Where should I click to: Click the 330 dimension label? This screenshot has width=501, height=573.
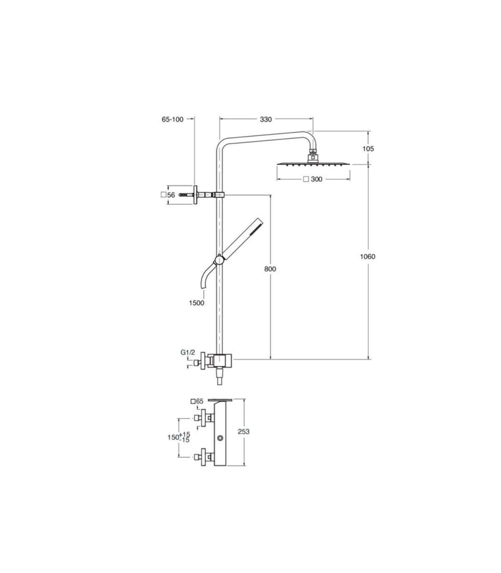click(x=266, y=119)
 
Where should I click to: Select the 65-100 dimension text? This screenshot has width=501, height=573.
click(x=172, y=119)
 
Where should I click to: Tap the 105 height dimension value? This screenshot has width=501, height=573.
click(x=368, y=149)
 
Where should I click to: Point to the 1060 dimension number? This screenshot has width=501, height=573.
click(x=367, y=256)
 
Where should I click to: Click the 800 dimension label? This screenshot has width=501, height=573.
click(x=270, y=269)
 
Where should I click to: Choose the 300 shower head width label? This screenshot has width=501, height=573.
click(x=316, y=179)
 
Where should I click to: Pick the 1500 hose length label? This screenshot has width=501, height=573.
click(x=197, y=303)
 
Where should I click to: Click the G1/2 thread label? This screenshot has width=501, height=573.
click(x=187, y=352)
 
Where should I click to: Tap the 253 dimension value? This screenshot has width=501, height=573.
click(x=243, y=432)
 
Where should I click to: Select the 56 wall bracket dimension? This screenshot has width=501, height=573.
click(x=171, y=195)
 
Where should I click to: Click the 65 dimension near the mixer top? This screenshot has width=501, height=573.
click(x=200, y=401)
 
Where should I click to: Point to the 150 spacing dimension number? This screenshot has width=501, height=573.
click(x=173, y=437)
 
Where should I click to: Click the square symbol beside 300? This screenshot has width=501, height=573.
click(x=306, y=179)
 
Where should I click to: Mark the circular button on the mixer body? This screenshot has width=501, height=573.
click(x=220, y=438)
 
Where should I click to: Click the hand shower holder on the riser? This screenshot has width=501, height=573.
click(x=219, y=260)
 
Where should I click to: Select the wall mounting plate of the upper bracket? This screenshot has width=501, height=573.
click(x=195, y=195)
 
